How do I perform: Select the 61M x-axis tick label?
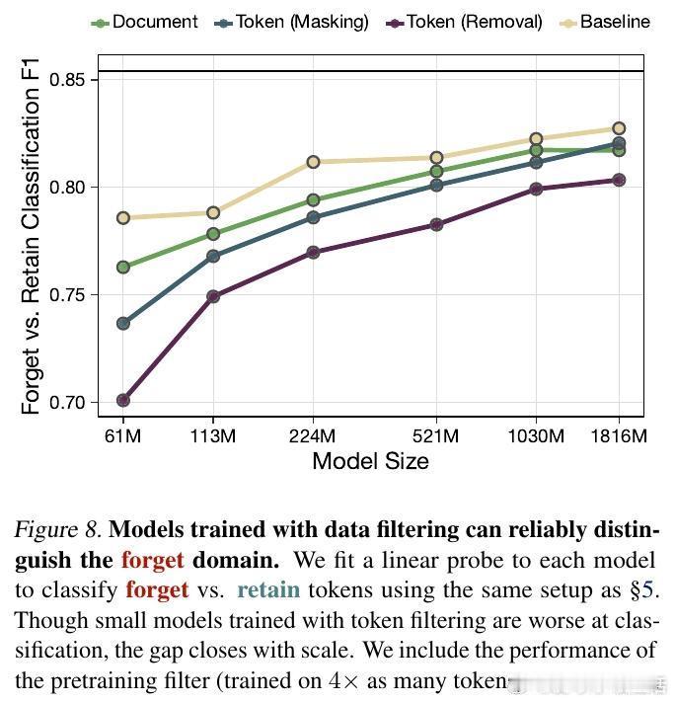(x=123, y=435)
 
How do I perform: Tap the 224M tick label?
(x=313, y=435)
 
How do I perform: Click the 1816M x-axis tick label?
(x=618, y=435)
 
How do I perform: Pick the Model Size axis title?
(x=370, y=461)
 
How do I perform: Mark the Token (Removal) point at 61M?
(x=123, y=400)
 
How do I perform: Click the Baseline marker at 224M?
(x=313, y=162)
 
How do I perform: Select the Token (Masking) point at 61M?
(x=123, y=324)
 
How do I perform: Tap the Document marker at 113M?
(x=213, y=234)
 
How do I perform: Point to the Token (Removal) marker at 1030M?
(x=536, y=189)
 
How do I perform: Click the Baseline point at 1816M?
(x=619, y=128)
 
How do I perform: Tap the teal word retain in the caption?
(x=268, y=590)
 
